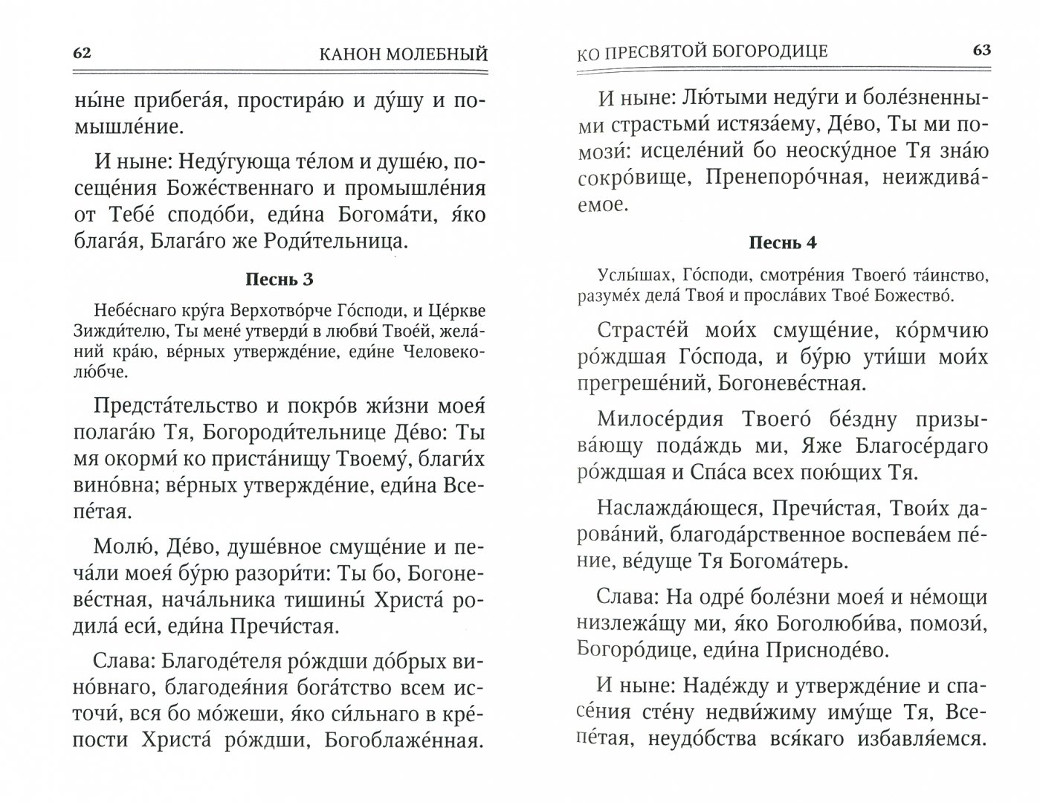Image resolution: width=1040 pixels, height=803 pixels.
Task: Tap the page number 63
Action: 981,50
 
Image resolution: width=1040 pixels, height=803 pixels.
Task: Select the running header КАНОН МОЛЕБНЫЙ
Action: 403,54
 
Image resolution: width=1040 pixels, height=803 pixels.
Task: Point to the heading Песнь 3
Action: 279,280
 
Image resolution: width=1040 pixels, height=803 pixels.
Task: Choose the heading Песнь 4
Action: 783,242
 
